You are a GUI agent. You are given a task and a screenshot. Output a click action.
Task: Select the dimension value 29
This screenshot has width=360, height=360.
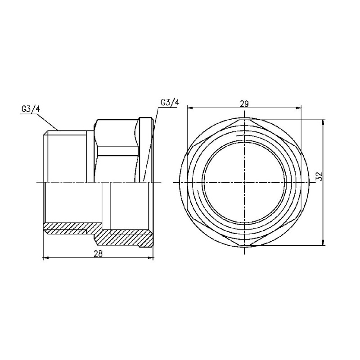(x=244, y=103)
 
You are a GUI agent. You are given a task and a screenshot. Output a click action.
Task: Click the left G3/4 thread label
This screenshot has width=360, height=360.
(x=30, y=108)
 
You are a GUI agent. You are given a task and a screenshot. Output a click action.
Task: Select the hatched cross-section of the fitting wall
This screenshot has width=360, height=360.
(x=121, y=234)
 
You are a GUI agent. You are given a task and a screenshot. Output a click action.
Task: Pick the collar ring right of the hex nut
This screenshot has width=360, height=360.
(x=145, y=148)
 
